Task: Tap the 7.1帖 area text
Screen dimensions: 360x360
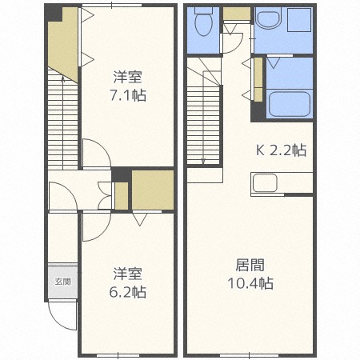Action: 128,95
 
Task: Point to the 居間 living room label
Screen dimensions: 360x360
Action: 249,265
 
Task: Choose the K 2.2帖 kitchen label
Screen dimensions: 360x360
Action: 281,149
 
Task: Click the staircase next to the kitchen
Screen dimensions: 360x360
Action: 203,116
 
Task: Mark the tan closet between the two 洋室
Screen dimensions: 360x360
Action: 152,190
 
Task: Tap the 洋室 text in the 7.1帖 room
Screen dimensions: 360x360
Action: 128,78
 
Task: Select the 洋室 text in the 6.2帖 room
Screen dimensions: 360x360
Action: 128,274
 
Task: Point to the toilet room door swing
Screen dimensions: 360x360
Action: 232,40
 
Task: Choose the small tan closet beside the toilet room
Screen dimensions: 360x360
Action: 236,14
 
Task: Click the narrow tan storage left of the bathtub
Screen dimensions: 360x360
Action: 258,78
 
